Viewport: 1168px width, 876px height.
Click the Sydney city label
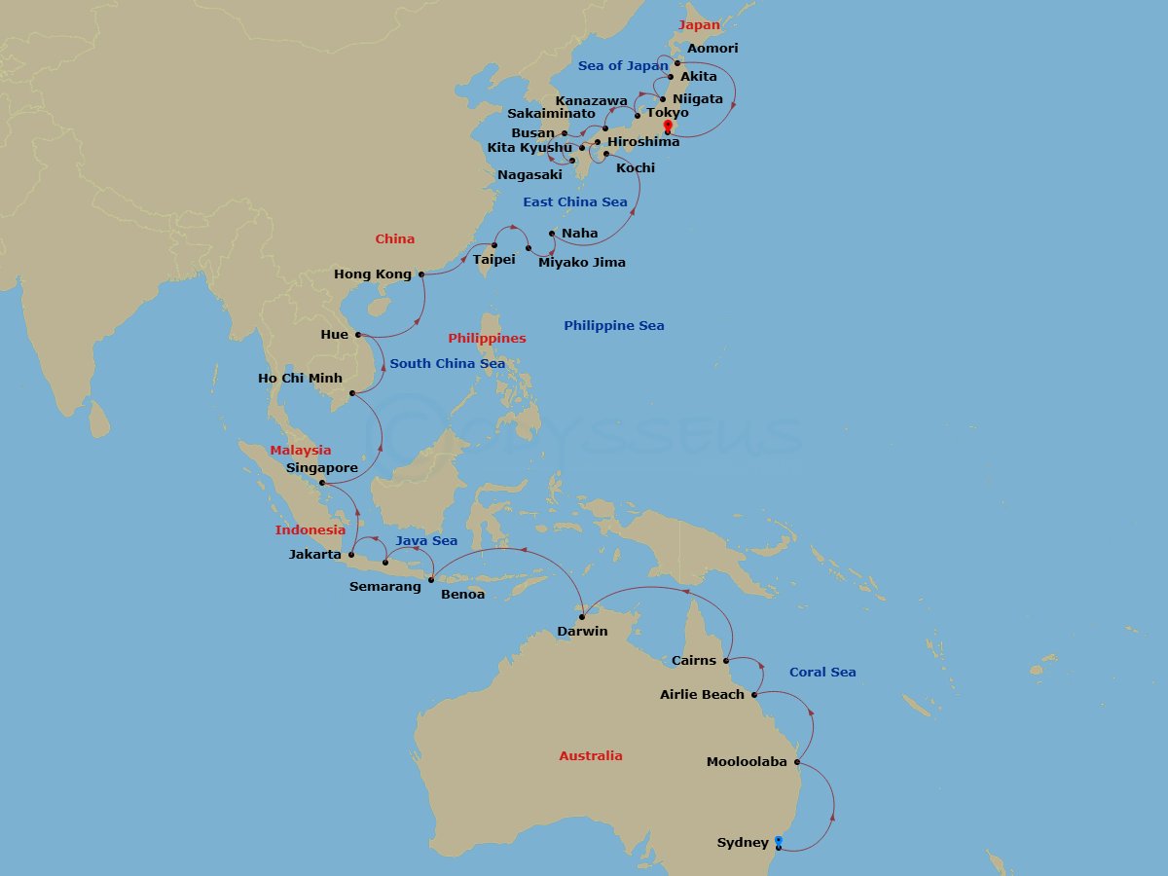click(x=743, y=842)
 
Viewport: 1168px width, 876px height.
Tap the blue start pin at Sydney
click(x=779, y=842)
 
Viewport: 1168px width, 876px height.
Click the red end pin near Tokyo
click(x=668, y=127)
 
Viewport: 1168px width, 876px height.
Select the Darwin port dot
click(x=582, y=617)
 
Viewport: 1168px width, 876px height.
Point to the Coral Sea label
click(x=822, y=672)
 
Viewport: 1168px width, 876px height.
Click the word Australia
click(x=590, y=755)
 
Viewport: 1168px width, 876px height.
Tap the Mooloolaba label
click(x=747, y=762)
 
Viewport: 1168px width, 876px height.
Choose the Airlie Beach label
click(x=702, y=694)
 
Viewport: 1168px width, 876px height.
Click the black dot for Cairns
click(x=727, y=660)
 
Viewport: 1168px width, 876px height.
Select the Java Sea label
click(x=426, y=540)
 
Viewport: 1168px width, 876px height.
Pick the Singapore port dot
click(x=322, y=482)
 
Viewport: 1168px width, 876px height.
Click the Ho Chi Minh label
click(x=300, y=378)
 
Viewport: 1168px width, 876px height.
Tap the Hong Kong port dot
click(x=421, y=274)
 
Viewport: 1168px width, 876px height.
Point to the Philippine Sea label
click(x=613, y=325)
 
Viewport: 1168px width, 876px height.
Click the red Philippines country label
click(x=487, y=338)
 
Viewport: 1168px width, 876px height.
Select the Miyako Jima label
click(x=582, y=262)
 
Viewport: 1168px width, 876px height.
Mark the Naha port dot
click(x=552, y=234)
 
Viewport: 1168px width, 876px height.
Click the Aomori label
click(x=712, y=48)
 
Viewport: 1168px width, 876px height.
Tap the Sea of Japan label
click(x=623, y=65)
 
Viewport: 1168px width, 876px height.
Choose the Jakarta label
click(x=315, y=555)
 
